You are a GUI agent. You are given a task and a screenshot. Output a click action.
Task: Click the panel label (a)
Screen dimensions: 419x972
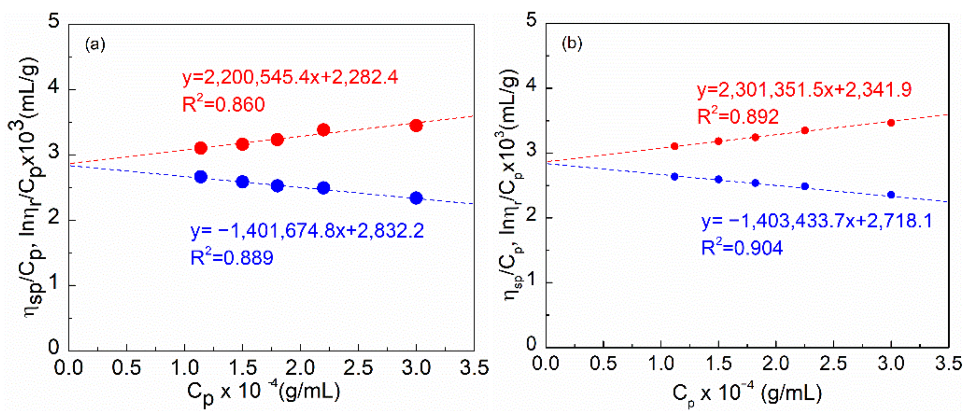pyautogui.click(x=95, y=45)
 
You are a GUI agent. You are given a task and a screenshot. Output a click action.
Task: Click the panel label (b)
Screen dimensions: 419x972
pyautogui.click(x=571, y=44)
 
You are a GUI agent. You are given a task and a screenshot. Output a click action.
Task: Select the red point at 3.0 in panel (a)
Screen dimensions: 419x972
pyautogui.click(x=416, y=125)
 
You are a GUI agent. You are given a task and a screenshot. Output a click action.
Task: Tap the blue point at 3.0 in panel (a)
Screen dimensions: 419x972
pyautogui.click(x=416, y=197)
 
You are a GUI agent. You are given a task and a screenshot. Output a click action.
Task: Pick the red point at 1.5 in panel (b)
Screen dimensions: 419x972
pyautogui.click(x=718, y=141)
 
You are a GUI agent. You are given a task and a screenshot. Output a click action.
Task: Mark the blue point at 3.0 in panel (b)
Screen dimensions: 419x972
pyautogui.click(x=891, y=195)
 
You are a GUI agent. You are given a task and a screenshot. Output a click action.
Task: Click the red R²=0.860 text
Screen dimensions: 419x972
pyautogui.click(x=223, y=104)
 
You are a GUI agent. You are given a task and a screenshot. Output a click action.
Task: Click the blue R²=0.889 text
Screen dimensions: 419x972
pyautogui.click(x=232, y=258)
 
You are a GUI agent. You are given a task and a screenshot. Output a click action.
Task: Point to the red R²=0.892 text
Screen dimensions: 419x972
pyautogui.click(x=738, y=116)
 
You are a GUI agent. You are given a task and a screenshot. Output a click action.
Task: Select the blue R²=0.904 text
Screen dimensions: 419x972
pyautogui.click(x=742, y=248)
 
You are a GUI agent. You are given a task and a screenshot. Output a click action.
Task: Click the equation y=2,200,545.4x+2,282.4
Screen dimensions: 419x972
pyautogui.click(x=290, y=77)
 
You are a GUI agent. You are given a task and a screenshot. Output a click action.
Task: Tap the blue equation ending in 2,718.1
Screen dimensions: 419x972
pyautogui.click(x=817, y=221)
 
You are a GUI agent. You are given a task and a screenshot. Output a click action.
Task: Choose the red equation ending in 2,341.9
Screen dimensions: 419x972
pyautogui.click(x=804, y=90)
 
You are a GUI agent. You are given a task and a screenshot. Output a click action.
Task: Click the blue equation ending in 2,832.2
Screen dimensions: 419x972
pyautogui.click(x=307, y=231)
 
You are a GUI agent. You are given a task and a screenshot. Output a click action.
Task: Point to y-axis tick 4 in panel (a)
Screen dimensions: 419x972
pyautogui.click(x=55, y=88)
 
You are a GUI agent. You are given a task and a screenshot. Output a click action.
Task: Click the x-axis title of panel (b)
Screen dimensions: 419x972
pyautogui.click(x=747, y=394)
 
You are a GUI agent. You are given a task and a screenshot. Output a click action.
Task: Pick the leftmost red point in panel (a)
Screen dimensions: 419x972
pyautogui.click(x=201, y=148)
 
